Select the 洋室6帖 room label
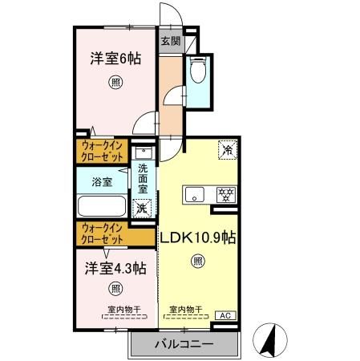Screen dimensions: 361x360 coord(109,59)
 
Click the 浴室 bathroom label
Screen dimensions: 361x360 coord(101,182)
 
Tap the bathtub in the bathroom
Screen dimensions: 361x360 coord(102,205)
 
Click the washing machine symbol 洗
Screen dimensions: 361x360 coord(142,208)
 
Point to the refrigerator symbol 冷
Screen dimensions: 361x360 coord(227,149)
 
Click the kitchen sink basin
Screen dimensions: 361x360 coord(195,193)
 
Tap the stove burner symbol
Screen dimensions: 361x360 coord(227,193)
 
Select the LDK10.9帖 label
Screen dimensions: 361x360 coord(197,238)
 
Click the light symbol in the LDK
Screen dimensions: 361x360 coord(197,262)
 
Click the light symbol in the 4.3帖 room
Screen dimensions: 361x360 coord(115,289)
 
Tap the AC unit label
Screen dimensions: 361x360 coord(227,315)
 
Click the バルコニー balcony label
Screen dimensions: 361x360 coord(183,345)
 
